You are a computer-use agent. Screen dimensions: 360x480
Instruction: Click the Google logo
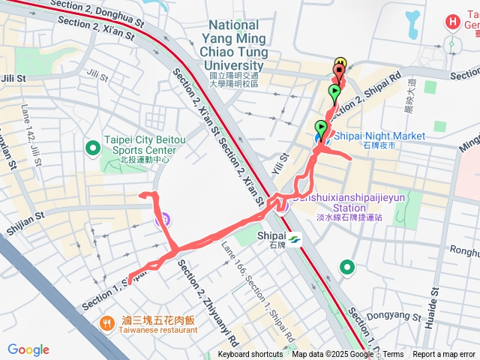[x=28, y=349]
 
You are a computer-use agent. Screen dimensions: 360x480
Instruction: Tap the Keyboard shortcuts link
[x=250, y=355]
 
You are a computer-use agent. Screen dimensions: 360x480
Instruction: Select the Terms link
[x=393, y=355]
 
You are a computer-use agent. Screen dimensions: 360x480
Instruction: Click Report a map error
[x=444, y=355]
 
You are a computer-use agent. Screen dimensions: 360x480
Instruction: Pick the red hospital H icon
[x=454, y=22]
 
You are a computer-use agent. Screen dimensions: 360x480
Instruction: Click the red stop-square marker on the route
[x=339, y=71]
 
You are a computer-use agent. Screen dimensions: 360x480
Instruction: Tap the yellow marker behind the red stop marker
[x=340, y=63]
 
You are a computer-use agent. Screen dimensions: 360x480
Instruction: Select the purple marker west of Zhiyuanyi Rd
[x=161, y=220]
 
